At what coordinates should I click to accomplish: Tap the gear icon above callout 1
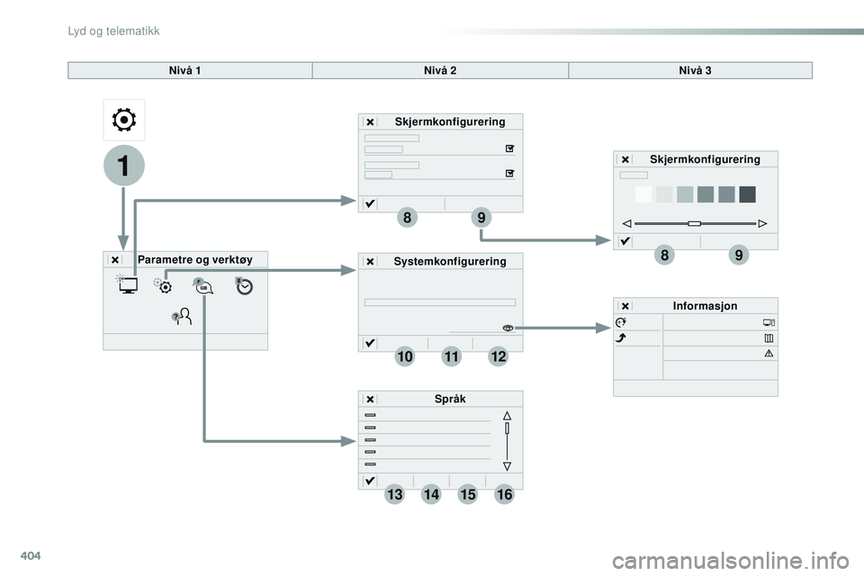pos(123,120)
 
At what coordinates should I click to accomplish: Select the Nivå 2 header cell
pos(440,70)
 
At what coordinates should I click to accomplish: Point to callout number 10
pos(404,357)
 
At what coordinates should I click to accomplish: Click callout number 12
pos(499,357)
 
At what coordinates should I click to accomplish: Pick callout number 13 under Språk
pos(394,494)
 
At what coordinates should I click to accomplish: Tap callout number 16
pos(503,494)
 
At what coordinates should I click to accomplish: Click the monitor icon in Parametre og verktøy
pos(127,286)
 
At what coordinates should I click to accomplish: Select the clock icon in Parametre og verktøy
pos(246,286)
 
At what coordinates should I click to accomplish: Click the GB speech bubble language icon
pos(204,286)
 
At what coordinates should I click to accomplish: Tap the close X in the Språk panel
pos(370,400)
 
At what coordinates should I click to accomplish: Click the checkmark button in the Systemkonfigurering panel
pos(370,343)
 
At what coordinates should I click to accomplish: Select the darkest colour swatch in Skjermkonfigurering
pos(747,194)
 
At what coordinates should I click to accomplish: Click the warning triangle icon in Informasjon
pos(769,353)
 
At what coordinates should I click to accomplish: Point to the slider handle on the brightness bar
pos(693,222)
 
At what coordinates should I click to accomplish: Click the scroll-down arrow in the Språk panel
pos(507,466)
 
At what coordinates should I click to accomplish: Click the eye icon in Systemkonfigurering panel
pos(508,328)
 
